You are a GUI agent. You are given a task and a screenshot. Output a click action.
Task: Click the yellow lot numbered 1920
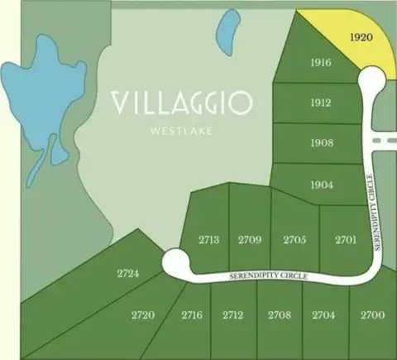(361, 38)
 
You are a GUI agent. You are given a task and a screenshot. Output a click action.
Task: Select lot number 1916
(321, 64)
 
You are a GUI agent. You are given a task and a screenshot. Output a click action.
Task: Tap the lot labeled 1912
(321, 103)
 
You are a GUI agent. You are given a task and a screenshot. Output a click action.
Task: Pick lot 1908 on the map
(322, 143)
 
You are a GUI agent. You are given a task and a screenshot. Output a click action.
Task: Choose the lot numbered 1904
(322, 185)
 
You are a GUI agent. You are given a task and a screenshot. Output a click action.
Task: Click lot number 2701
(346, 240)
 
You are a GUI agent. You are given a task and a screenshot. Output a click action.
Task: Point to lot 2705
(294, 240)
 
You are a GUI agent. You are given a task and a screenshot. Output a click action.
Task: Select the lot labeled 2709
(250, 240)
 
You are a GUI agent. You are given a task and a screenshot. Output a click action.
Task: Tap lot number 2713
(208, 240)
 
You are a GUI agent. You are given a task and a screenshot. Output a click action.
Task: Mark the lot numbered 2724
(127, 272)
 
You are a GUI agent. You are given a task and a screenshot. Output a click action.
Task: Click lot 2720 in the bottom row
(143, 315)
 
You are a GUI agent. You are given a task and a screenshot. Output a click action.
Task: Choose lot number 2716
(192, 315)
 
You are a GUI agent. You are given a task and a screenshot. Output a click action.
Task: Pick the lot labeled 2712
(232, 315)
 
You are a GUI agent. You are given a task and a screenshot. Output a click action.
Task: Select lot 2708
(280, 315)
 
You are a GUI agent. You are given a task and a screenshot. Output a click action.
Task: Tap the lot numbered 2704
(323, 315)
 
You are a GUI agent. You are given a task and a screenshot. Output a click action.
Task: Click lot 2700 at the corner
(372, 315)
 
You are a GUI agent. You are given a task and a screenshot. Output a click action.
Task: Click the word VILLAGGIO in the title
(182, 103)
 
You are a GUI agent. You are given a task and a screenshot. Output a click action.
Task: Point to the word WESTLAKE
(182, 129)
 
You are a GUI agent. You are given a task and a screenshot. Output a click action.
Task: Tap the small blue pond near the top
(225, 33)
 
